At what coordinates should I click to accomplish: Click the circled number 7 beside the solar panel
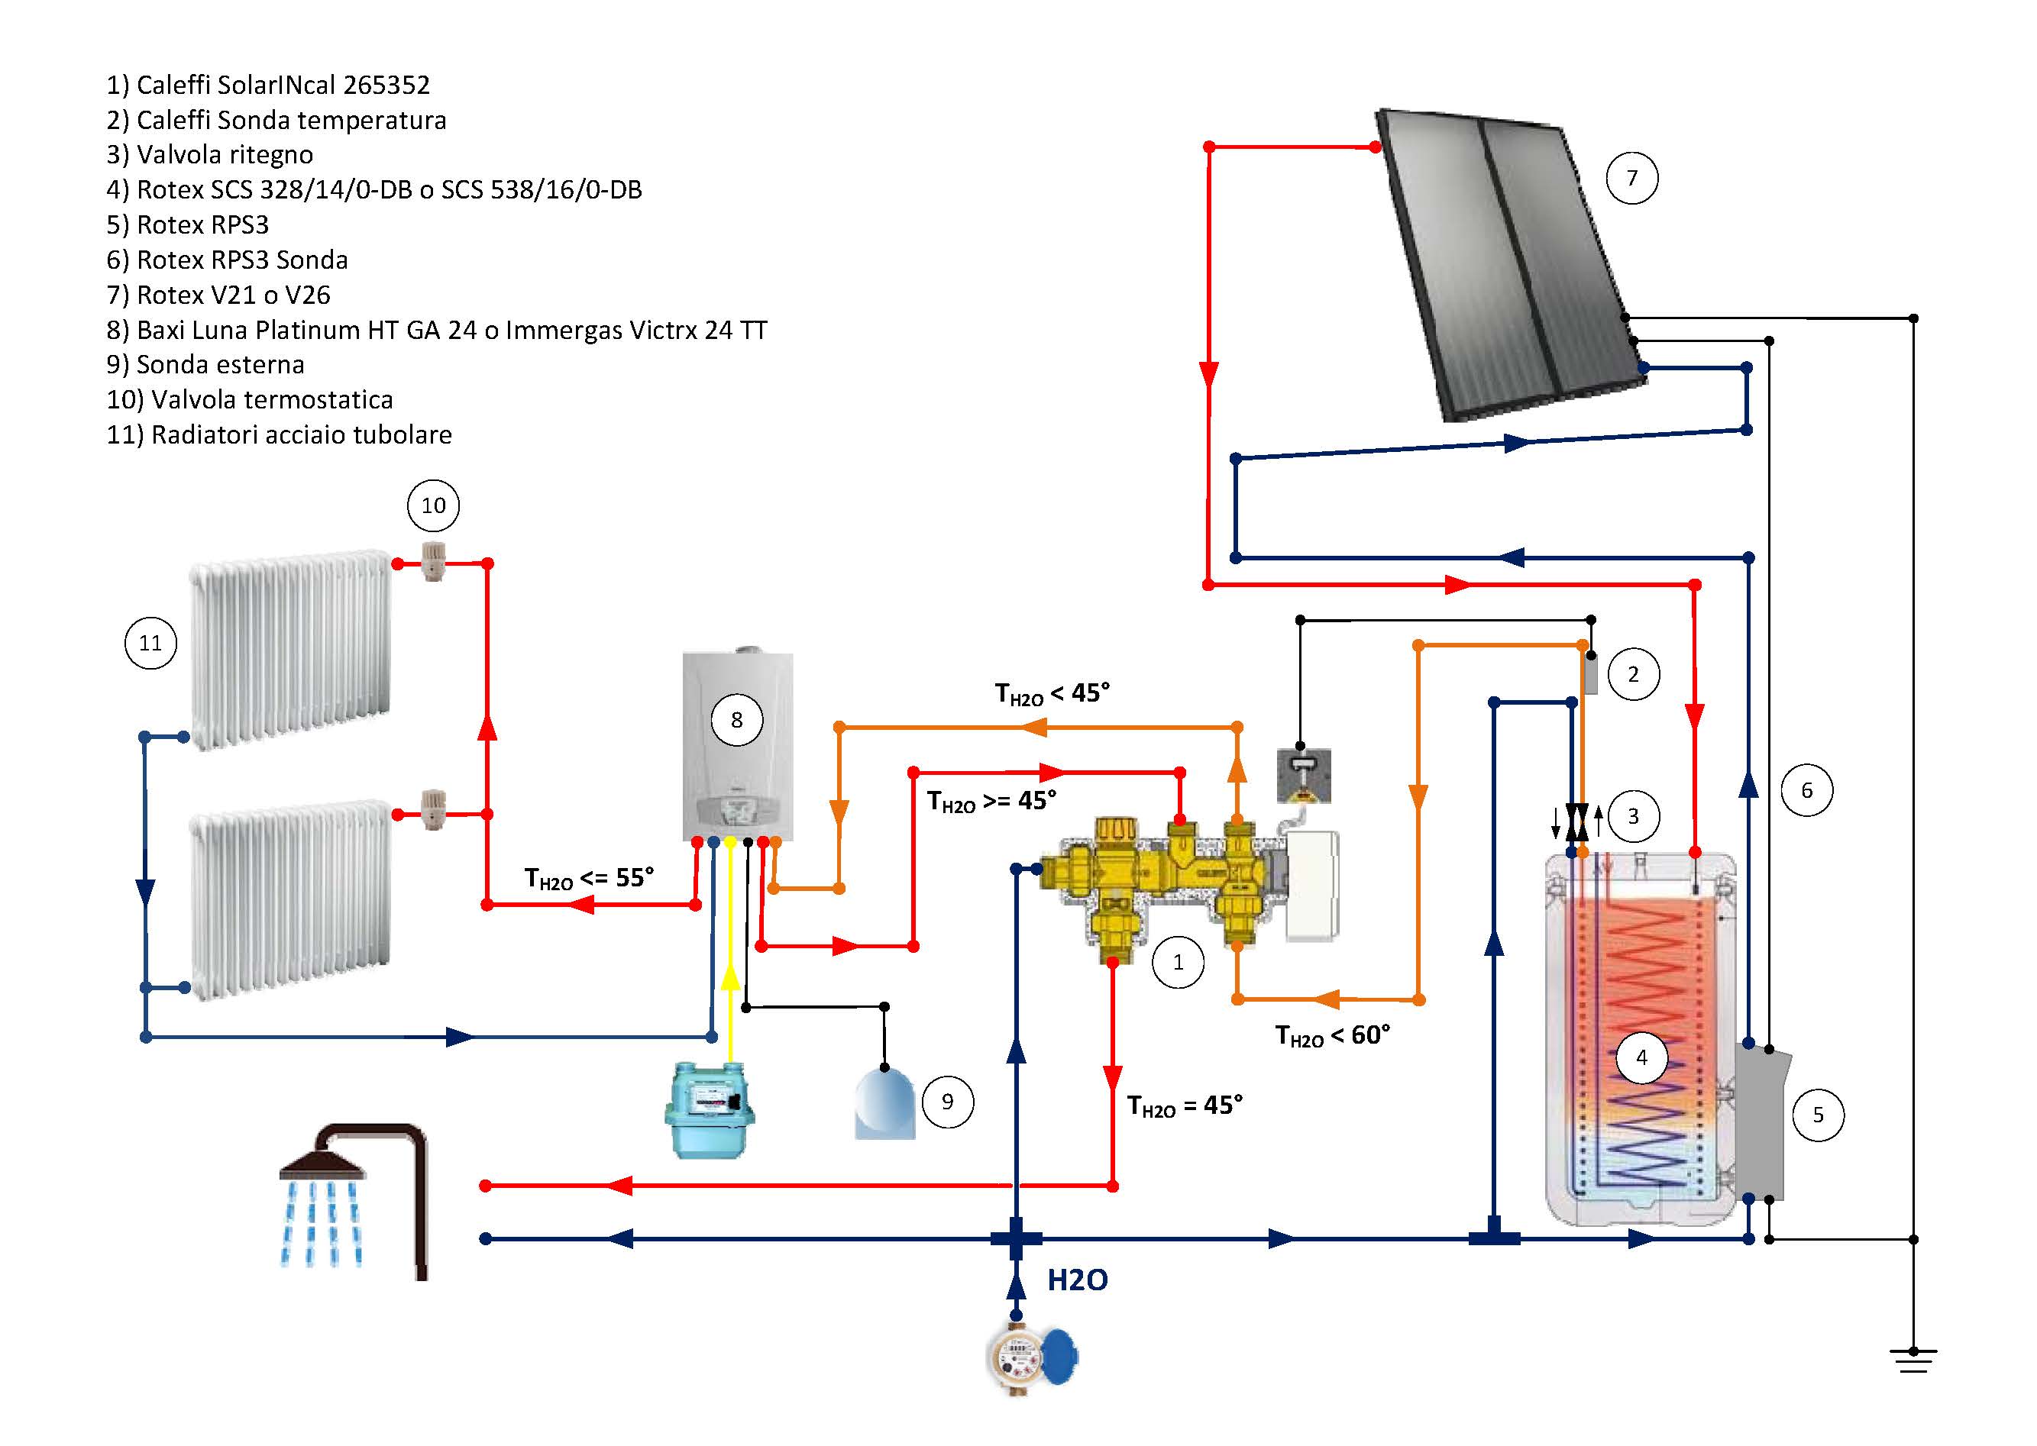(1631, 178)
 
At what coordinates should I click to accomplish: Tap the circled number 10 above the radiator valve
(433, 505)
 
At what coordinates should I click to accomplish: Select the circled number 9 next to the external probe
(947, 1102)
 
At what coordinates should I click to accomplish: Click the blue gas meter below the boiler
(709, 1109)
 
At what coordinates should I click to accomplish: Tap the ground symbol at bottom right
(1913, 1361)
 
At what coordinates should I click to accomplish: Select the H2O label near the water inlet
(1077, 1280)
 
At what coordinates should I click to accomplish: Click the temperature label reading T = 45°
(1185, 1105)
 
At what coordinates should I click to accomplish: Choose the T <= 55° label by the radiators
(589, 879)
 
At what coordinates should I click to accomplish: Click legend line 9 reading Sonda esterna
(205, 365)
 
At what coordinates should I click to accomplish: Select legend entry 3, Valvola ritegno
(210, 155)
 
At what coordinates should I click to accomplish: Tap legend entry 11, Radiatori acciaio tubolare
(280, 435)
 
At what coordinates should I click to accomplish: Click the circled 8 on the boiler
(736, 719)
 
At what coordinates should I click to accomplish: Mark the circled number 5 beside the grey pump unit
(1818, 1115)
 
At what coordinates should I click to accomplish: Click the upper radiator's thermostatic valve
(433, 561)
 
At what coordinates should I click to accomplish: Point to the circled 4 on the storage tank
(1641, 1058)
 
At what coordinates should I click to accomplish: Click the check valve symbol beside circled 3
(1577, 820)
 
